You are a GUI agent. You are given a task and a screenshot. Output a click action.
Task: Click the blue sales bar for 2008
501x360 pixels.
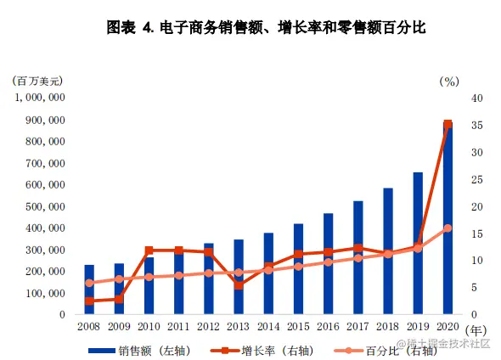(x=89, y=290)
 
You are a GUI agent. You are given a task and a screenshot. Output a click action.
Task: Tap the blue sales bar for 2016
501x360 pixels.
(x=328, y=263)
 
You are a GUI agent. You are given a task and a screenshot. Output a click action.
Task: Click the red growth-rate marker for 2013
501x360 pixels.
(x=239, y=285)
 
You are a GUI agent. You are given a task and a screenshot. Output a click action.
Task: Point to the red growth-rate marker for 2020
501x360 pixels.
(x=448, y=125)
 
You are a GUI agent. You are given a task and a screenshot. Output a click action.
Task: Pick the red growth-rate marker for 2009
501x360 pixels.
(x=119, y=299)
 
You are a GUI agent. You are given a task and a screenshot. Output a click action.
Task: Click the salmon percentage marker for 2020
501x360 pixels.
(x=448, y=228)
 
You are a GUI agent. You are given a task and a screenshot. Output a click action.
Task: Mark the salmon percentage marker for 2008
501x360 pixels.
(x=89, y=283)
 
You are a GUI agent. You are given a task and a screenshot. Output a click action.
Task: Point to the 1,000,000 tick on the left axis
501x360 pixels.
(x=42, y=98)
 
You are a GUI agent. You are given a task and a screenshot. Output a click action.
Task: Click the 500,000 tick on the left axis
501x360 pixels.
(x=46, y=206)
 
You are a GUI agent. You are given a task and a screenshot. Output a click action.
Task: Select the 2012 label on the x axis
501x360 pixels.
(x=208, y=327)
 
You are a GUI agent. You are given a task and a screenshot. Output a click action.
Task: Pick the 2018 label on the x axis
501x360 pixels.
(x=387, y=327)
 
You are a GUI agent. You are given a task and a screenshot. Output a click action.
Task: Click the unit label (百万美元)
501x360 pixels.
(x=38, y=82)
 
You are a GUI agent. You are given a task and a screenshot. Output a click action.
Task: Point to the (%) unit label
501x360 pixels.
(x=449, y=82)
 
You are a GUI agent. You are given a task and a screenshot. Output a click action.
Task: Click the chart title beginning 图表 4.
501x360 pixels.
(x=250, y=27)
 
